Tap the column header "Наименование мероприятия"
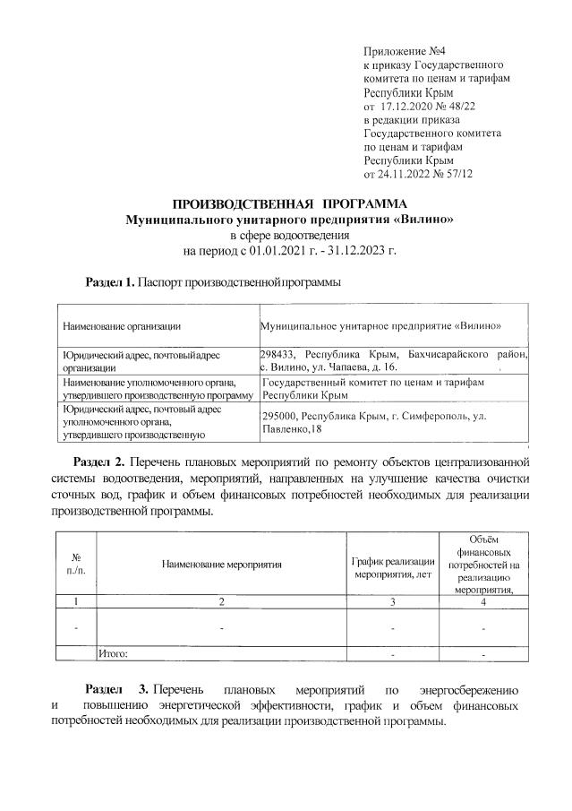coord(222,565)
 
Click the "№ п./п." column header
coord(76,565)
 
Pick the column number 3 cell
coord(394,601)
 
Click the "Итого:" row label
coord(113,654)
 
